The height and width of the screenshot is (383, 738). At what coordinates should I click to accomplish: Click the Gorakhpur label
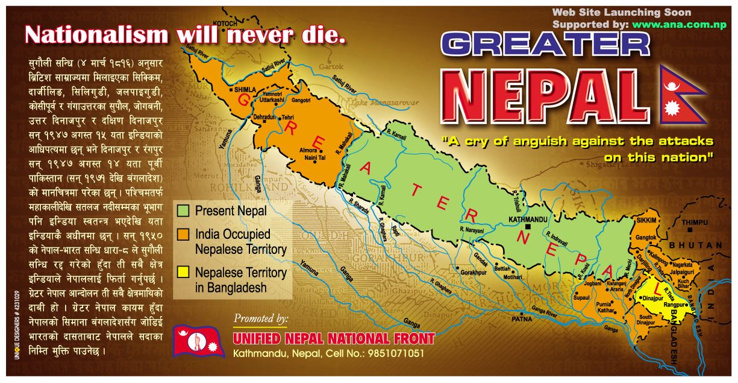pos(474,273)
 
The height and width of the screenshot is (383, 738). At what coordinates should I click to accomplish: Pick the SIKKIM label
pos(646,221)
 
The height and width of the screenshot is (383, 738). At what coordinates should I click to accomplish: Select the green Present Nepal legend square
pos(183,210)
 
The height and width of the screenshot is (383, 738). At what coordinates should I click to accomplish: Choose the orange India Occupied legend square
pos(183,233)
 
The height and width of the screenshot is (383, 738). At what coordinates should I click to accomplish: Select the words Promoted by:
pos(260,318)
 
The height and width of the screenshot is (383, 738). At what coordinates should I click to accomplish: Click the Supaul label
pos(582,297)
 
